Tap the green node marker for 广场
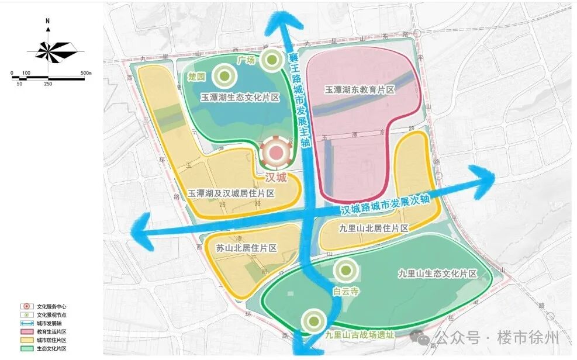[272, 59]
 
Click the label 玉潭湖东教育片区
[360, 90]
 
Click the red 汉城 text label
[271, 176]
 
